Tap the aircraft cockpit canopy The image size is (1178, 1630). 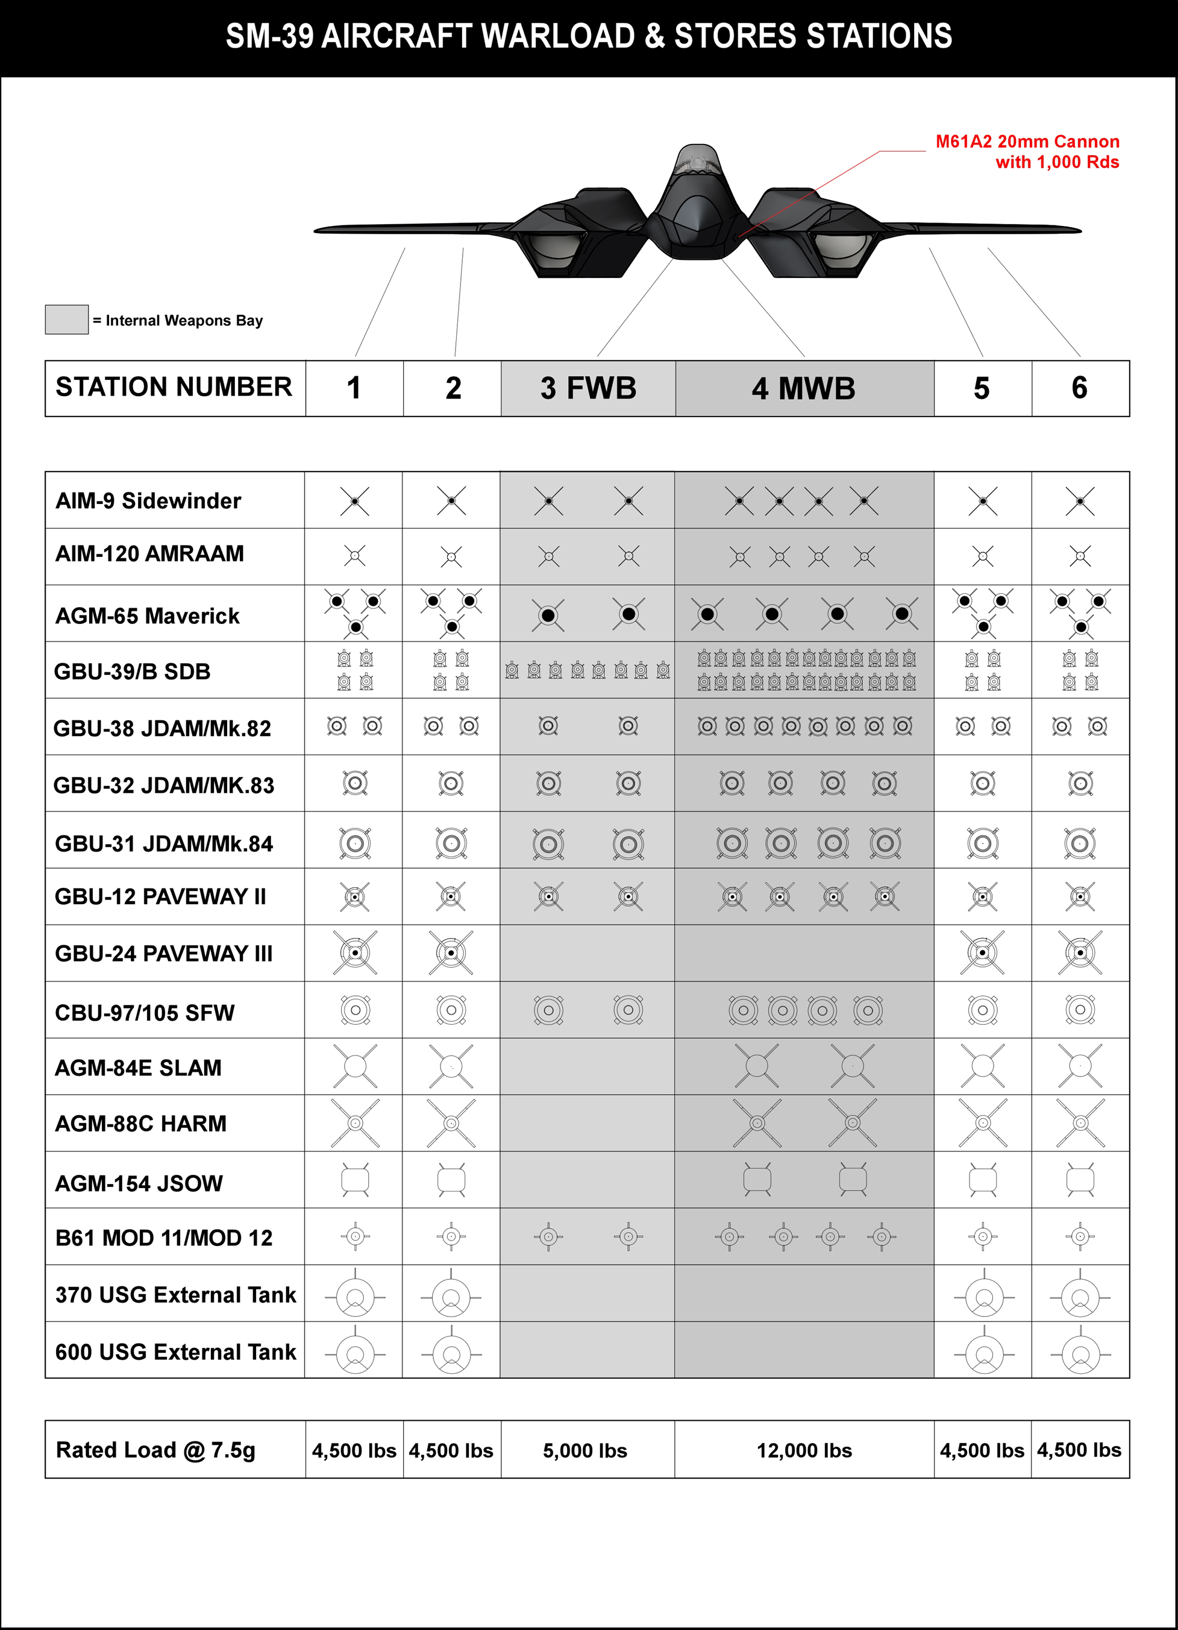[697, 160]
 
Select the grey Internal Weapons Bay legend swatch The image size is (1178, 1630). [67, 319]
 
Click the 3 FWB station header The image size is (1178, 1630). [588, 389]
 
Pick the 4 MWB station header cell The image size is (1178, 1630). [804, 389]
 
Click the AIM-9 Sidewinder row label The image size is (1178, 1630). [148, 501]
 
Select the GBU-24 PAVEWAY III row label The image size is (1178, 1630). [164, 954]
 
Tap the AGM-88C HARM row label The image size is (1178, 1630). [141, 1123]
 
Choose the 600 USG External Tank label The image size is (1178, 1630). [175, 1352]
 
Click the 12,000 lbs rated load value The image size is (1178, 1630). [804, 1451]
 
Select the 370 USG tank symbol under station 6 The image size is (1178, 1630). [1080, 1297]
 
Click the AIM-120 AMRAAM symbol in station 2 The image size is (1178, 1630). [451, 556]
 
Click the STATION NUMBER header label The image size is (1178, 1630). [174, 388]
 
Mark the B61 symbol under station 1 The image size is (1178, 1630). [355, 1236]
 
